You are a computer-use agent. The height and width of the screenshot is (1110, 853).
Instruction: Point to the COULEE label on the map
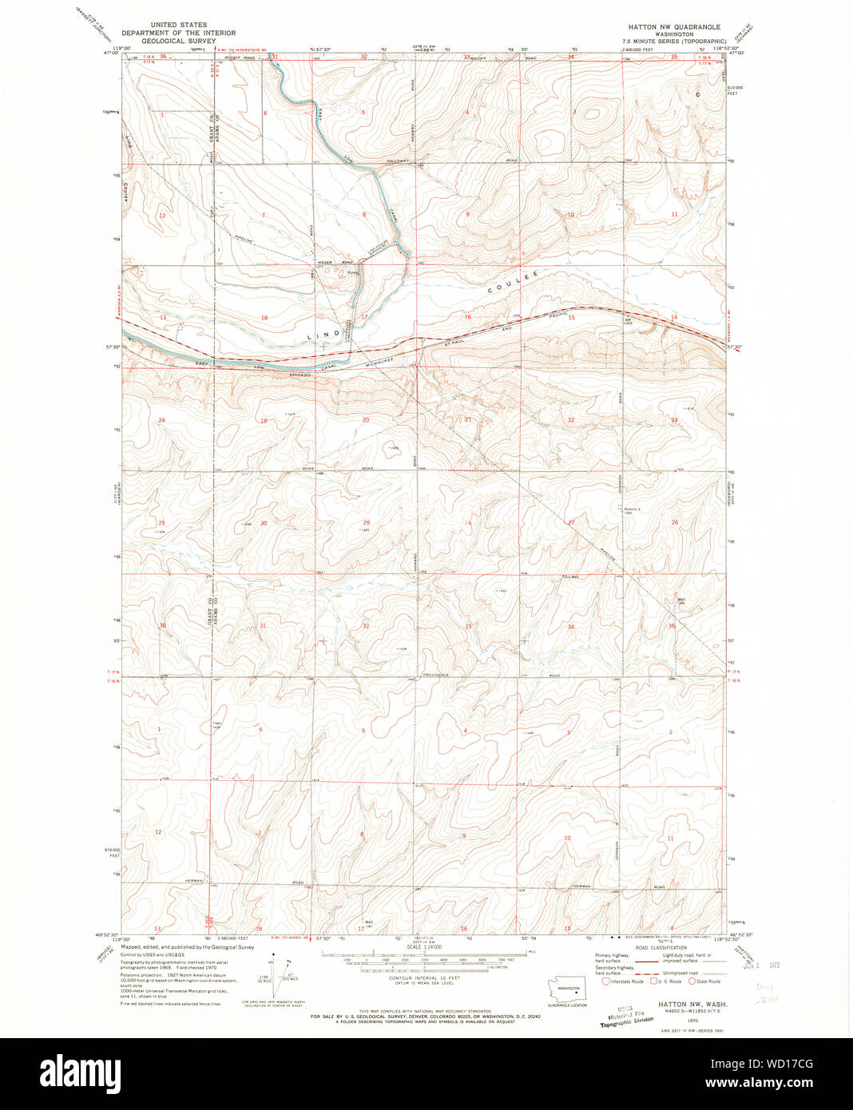tap(510, 284)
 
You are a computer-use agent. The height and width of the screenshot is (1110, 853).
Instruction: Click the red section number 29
tap(366, 522)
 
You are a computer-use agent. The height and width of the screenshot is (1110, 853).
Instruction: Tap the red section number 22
tap(571, 420)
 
